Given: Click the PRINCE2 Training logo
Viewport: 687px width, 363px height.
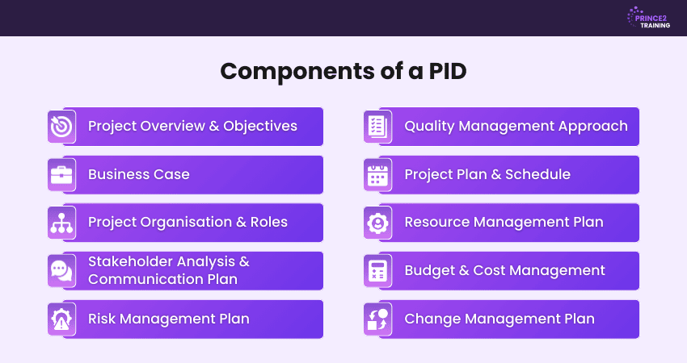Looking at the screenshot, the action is (x=648, y=18).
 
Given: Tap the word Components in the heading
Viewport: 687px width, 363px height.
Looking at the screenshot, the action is (x=297, y=71).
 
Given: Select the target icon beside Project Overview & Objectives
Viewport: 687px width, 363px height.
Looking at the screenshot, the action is (x=61, y=127).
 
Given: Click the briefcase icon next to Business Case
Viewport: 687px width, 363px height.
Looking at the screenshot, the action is (x=61, y=175).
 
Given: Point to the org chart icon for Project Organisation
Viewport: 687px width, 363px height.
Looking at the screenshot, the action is (x=61, y=223).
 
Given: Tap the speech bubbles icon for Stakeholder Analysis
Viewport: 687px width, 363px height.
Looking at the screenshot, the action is (x=61, y=271).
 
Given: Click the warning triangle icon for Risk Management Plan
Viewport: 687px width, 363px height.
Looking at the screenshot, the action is (x=61, y=319).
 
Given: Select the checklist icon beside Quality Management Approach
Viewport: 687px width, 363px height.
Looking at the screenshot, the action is (x=377, y=127).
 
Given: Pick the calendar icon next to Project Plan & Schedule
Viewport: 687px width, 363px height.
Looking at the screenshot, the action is (x=377, y=175).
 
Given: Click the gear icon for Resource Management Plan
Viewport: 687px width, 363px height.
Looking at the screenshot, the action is (x=377, y=223).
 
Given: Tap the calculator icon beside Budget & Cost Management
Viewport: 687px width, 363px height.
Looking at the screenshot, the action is (x=377, y=271).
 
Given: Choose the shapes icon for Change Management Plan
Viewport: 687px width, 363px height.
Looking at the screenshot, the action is (x=377, y=319).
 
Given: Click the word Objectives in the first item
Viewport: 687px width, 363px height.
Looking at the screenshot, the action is (x=260, y=126).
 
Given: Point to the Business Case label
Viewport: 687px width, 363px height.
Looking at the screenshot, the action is (x=139, y=174).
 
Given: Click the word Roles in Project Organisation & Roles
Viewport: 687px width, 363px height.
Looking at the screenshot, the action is (x=268, y=222).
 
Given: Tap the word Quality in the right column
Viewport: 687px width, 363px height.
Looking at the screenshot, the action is (x=429, y=127).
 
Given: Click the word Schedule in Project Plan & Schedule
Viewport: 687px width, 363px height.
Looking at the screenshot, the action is (x=537, y=174).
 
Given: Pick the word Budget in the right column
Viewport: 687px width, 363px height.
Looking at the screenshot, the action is (x=429, y=271).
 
